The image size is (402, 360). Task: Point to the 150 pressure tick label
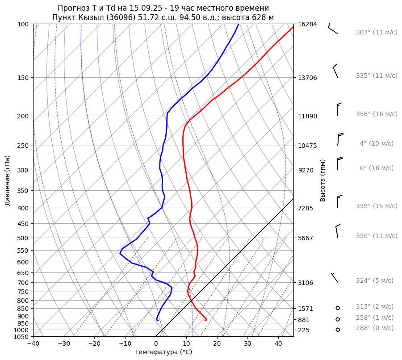[x=23, y=78]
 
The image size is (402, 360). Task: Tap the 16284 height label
[x=307, y=24]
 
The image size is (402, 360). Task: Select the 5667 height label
[x=307, y=238]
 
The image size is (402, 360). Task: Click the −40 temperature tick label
[x=33, y=344]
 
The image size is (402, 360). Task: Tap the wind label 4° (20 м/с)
[x=377, y=143]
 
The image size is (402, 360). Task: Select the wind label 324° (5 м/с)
[x=374, y=280]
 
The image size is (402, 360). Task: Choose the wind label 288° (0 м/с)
[x=374, y=328]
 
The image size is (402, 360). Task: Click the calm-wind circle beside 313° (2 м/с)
[x=338, y=308]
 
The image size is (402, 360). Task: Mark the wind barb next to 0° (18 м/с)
[x=339, y=163]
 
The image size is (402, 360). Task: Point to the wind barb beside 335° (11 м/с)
[x=335, y=71]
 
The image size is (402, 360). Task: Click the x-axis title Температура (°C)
[x=163, y=352]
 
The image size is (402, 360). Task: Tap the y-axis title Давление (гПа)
[x=8, y=180]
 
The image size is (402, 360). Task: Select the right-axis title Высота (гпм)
[x=322, y=180]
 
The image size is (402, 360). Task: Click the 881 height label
[x=305, y=320]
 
